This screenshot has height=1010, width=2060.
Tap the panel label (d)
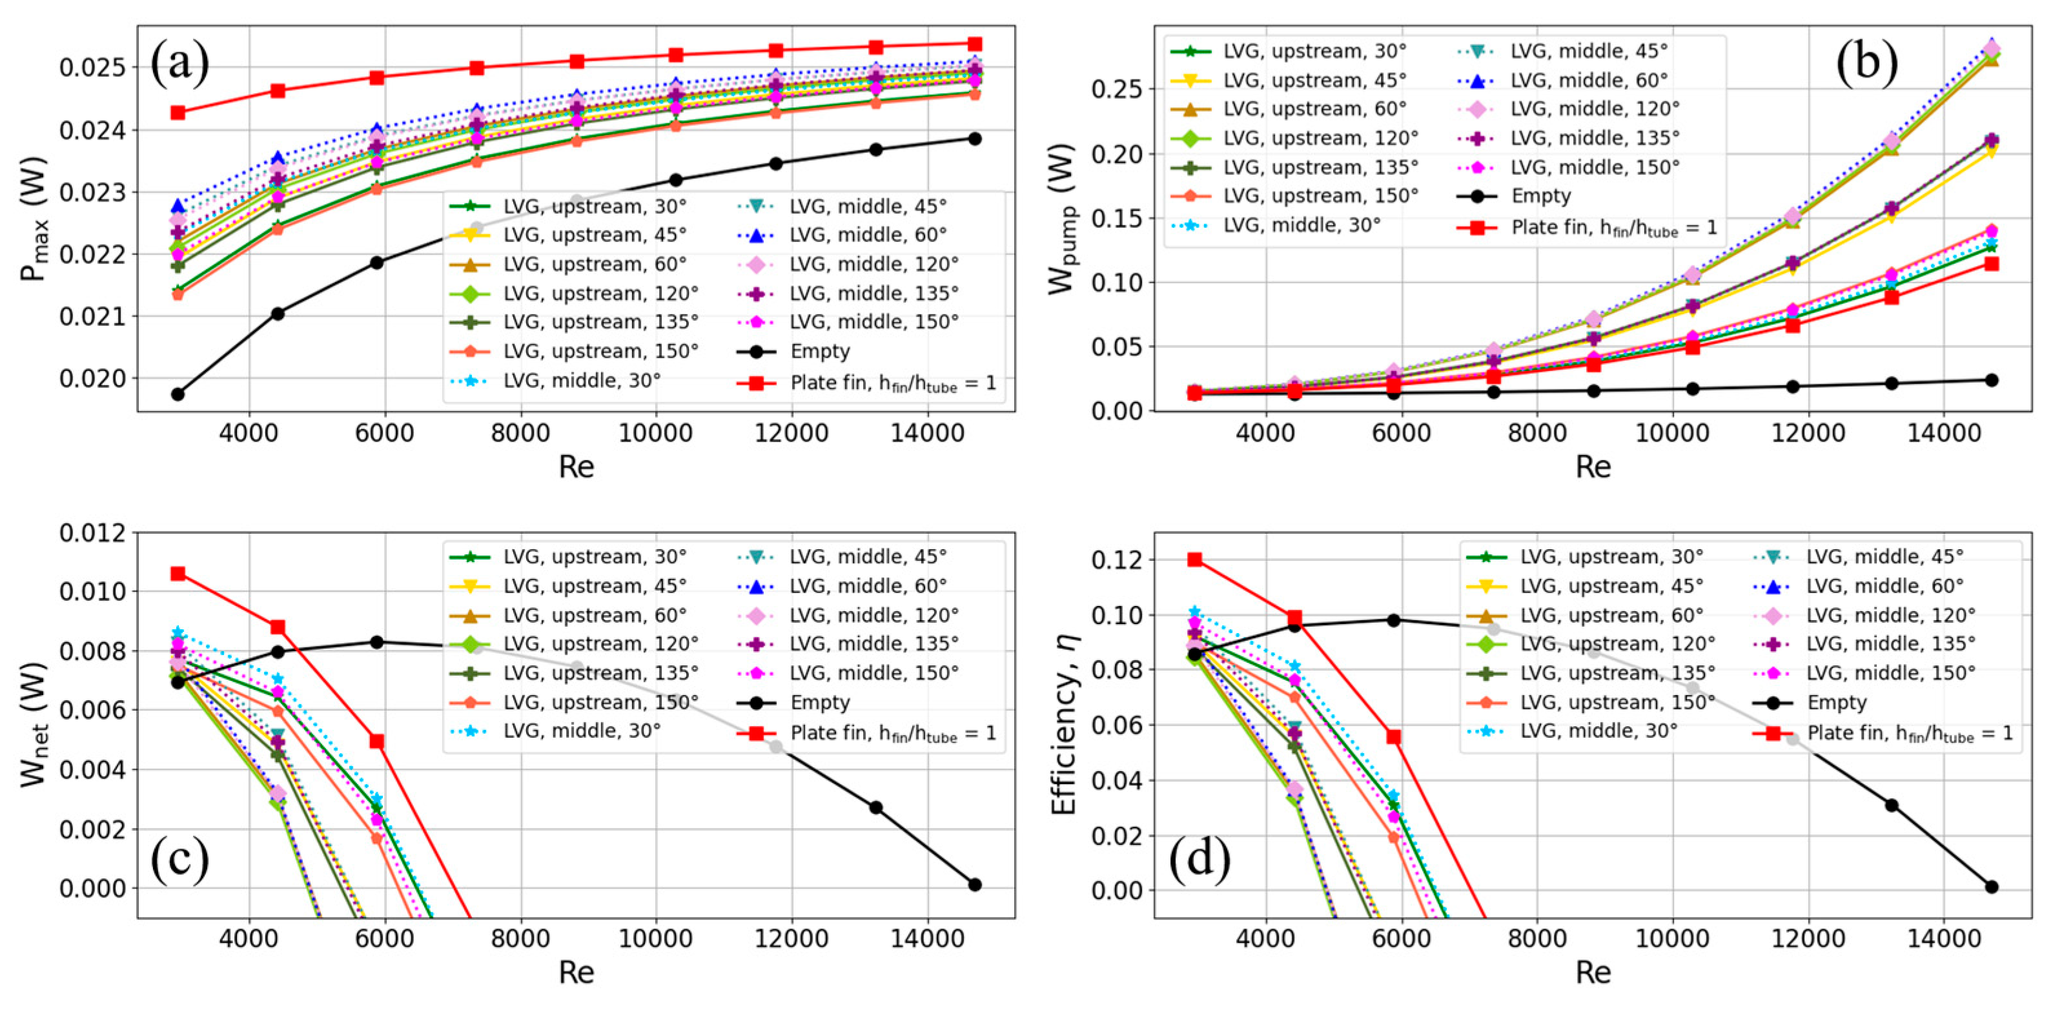click(x=1199, y=860)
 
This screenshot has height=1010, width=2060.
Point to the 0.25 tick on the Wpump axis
click(x=1116, y=89)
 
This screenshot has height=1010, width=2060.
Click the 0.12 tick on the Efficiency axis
click(x=1116, y=560)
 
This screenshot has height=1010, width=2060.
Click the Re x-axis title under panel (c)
click(x=576, y=973)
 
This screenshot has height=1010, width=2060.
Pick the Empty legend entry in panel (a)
click(x=820, y=352)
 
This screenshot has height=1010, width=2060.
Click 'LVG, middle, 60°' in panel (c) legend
click(x=868, y=586)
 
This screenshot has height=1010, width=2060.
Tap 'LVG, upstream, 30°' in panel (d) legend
click(x=1611, y=556)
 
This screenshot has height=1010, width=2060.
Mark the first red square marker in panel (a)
click(x=178, y=113)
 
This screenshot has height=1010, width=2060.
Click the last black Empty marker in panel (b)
click(x=1991, y=380)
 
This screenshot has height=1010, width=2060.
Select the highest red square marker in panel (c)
click(x=178, y=573)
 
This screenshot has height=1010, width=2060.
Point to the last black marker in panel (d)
click(x=1991, y=886)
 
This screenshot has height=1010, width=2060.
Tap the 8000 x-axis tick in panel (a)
click(x=520, y=434)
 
